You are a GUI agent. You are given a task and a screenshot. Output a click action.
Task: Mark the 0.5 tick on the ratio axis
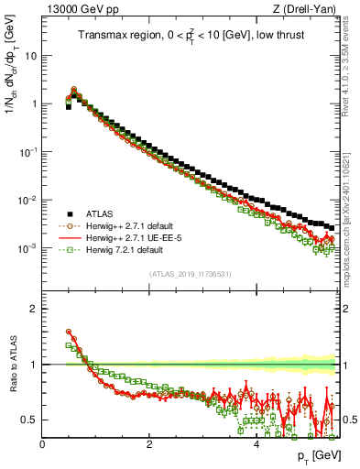tap(29, 420)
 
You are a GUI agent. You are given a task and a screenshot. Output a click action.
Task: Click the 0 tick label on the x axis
tap(42, 444)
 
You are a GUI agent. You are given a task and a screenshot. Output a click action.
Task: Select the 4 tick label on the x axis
tap(256, 444)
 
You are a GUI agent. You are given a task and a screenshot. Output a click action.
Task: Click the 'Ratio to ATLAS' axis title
tap(12, 365)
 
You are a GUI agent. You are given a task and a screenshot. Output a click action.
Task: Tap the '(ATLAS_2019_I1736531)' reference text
tap(189, 274)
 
